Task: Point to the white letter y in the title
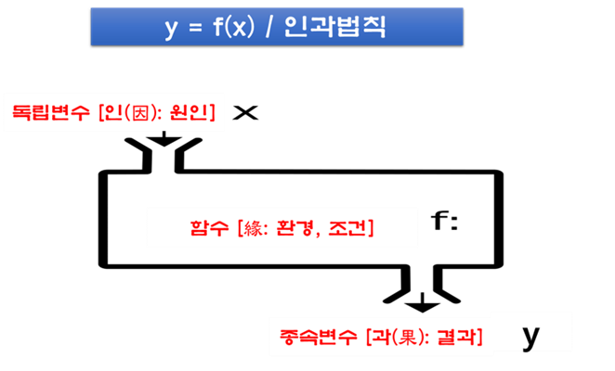(x=170, y=28)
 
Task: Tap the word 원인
(x=184, y=113)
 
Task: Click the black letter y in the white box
(x=530, y=335)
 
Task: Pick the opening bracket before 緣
(x=240, y=227)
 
